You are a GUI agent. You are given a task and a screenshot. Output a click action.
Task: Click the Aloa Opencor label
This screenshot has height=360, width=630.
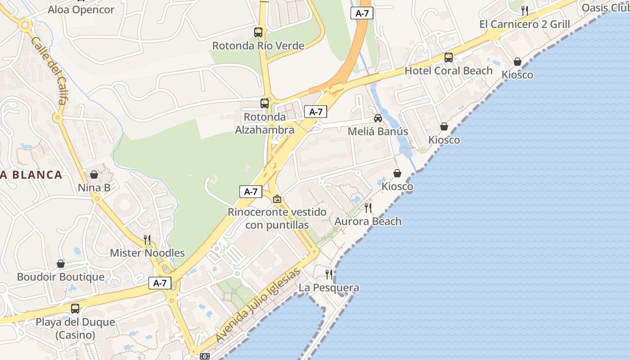point(81,9)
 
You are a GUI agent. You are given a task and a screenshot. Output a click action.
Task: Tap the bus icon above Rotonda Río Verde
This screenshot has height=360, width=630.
point(258,32)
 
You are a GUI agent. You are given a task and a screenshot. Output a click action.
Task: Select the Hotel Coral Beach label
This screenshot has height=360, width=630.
point(449,71)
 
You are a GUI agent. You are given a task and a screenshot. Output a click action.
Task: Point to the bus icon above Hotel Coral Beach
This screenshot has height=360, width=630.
point(449,58)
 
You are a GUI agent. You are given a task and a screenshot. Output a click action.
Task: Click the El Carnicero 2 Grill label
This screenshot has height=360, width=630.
point(525,24)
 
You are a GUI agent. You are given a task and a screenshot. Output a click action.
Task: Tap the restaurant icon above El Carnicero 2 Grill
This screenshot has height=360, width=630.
point(525,10)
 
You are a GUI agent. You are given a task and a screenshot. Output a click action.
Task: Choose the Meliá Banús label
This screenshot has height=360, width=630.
point(378,131)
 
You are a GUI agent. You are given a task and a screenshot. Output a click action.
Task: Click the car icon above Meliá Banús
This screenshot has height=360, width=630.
point(378,118)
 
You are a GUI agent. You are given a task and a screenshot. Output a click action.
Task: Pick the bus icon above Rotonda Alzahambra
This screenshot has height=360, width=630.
point(265,103)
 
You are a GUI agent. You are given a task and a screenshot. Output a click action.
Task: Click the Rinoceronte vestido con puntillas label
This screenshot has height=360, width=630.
point(277,218)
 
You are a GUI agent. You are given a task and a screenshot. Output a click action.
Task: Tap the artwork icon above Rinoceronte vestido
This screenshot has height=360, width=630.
point(277,198)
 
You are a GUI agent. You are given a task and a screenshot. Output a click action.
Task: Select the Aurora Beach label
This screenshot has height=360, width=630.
point(368,221)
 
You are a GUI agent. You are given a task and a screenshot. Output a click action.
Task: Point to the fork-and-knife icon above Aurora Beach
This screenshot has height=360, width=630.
point(368,208)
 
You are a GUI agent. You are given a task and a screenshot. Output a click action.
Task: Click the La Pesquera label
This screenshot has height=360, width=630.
point(329,288)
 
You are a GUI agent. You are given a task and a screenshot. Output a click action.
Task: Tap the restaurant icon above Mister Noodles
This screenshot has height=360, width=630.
point(147,239)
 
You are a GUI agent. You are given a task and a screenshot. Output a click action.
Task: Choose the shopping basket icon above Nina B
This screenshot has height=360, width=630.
point(94,175)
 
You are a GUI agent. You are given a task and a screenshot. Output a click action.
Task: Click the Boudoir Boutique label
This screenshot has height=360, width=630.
point(61,277)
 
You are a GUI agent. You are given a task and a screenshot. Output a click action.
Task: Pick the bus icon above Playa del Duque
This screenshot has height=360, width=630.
point(75,309)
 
